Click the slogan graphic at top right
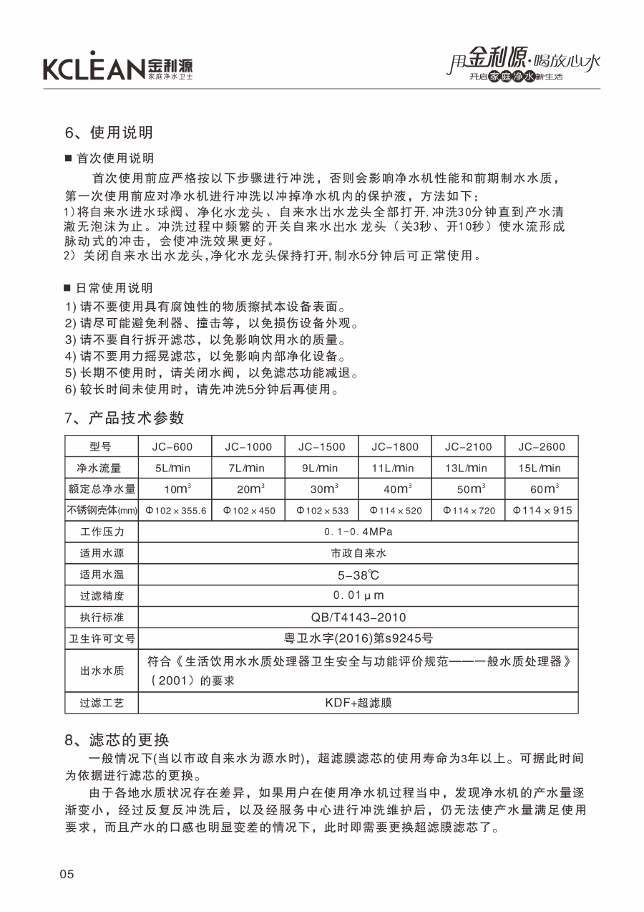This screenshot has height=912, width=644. point(522,67)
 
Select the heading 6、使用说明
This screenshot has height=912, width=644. point(109,133)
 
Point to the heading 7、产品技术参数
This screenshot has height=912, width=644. point(125,418)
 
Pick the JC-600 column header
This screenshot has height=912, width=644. point(175,446)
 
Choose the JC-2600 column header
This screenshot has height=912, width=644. point(542,446)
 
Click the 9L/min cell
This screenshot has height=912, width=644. point(321,468)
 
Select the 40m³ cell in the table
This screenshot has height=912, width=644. point(395,489)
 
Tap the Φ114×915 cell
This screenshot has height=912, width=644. point(542,511)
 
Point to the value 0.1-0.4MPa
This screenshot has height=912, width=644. point(358,532)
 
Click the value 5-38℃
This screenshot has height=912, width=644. point(358,575)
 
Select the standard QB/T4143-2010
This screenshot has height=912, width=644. point(358,617)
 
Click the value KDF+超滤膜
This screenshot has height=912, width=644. point(358,703)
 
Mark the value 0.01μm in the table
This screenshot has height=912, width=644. point(358,595)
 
